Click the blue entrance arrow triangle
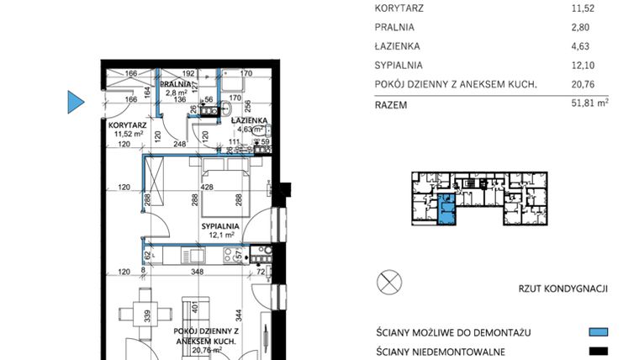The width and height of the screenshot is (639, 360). click(76, 102)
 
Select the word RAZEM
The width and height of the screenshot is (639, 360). click(391, 105)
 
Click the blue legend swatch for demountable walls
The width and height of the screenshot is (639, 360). click(598, 332)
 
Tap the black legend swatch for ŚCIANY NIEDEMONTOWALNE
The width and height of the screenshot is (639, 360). click(598, 351)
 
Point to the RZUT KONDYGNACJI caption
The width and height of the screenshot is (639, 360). click(563, 289)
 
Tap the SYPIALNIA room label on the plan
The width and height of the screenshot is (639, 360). click(220, 226)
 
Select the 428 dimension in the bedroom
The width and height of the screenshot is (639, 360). click(207, 187)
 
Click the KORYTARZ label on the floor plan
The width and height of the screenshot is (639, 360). click(116, 124)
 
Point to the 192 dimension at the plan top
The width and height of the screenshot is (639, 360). click(188, 74)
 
